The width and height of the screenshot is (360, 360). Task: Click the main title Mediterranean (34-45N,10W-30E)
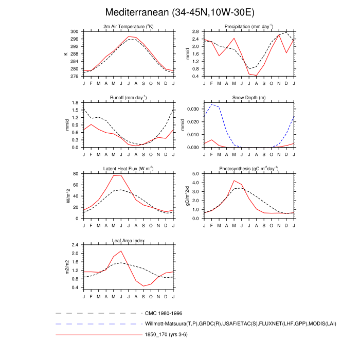click(179, 12)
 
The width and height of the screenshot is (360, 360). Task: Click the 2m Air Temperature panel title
click(129, 27)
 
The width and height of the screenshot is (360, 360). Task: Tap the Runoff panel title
click(129, 98)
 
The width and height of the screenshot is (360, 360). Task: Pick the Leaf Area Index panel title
click(129, 240)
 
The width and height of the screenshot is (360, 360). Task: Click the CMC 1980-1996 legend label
click(164, 313)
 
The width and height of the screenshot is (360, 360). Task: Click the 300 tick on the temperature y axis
click(75, 31)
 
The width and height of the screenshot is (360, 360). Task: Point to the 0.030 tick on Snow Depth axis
click(193, 109)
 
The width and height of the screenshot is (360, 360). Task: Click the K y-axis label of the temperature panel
click(66, 53)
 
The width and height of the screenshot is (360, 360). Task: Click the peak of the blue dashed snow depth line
click(212, 104)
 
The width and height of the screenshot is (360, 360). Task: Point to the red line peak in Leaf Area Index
click(121, 251)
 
